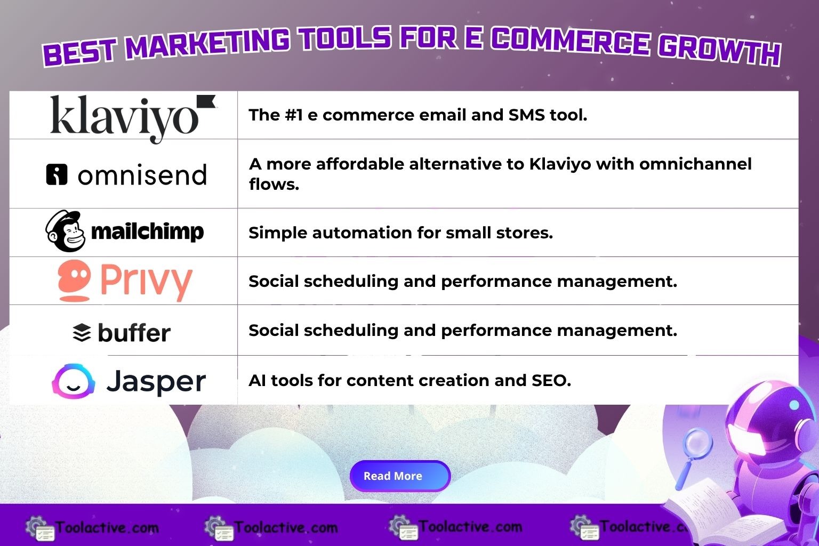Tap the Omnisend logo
126,175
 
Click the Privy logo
125,280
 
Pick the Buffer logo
122,333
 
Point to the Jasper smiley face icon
73,381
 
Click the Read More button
400,476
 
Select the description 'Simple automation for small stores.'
400,233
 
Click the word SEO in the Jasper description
550,381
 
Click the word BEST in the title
79,52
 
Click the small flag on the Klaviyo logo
206,101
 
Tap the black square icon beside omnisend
57,174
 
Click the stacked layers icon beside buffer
82,333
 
